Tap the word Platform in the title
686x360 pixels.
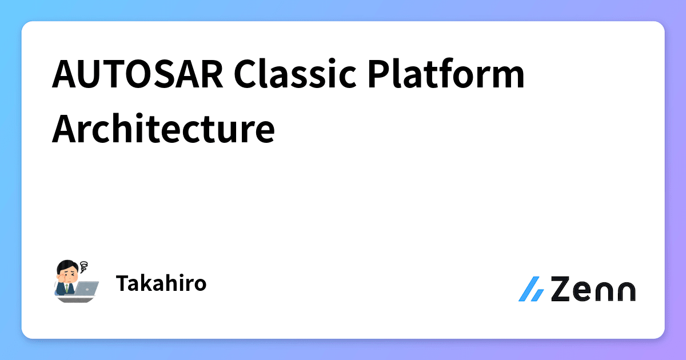pos(438,75)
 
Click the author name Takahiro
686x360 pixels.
pos(161,283)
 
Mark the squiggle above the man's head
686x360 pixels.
pos(85,266)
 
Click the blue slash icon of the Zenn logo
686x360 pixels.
pos(531,290)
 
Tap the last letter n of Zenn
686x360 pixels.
pos(625,291)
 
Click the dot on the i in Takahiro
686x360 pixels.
pos(179,276)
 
